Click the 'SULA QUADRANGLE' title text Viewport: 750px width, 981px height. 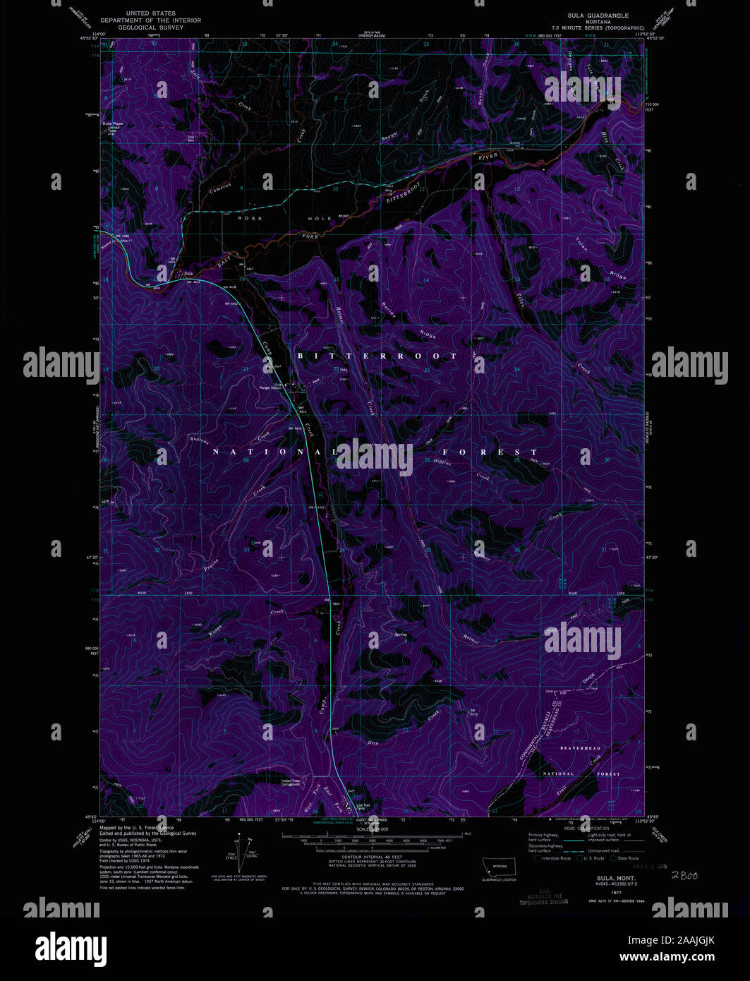pyautogui.click(x=598, y=15)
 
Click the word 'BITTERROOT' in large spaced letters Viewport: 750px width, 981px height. pyautogui.click(x=377, y=356)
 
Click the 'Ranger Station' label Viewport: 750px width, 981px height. pyautogui.click(x=271, y=387)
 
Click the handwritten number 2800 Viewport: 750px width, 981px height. pyautogui.click(x=684, y=875)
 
